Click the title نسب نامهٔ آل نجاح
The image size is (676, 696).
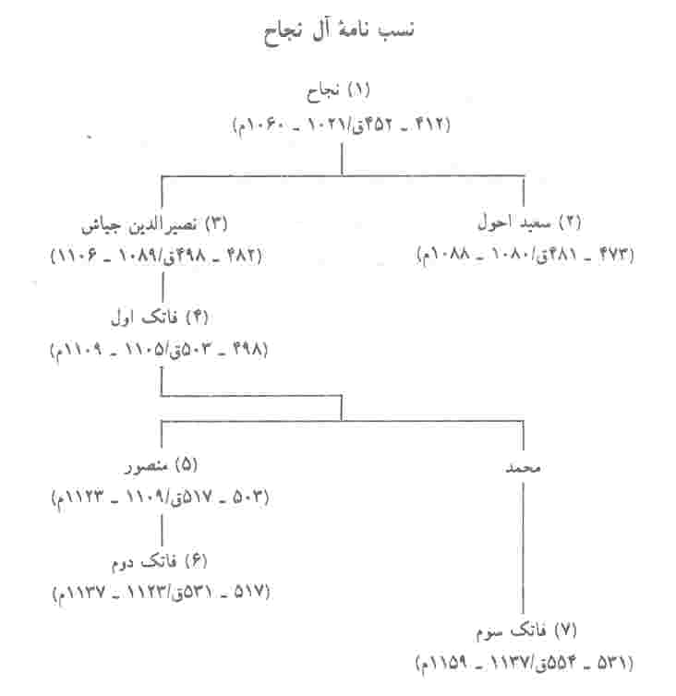[x=338, y=32]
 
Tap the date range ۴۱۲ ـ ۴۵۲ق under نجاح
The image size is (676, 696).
[x=401, y=125]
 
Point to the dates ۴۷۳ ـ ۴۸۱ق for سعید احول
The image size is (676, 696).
[x=585, y=255]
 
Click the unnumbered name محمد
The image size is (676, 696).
[x=524, y=468]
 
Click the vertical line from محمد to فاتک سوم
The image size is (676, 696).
[x=524, y=547]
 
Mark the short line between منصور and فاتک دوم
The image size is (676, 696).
[x=162, y=530]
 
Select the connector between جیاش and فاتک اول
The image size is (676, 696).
[x=163, y=287]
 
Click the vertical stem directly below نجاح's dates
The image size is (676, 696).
[x=342, y=159]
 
